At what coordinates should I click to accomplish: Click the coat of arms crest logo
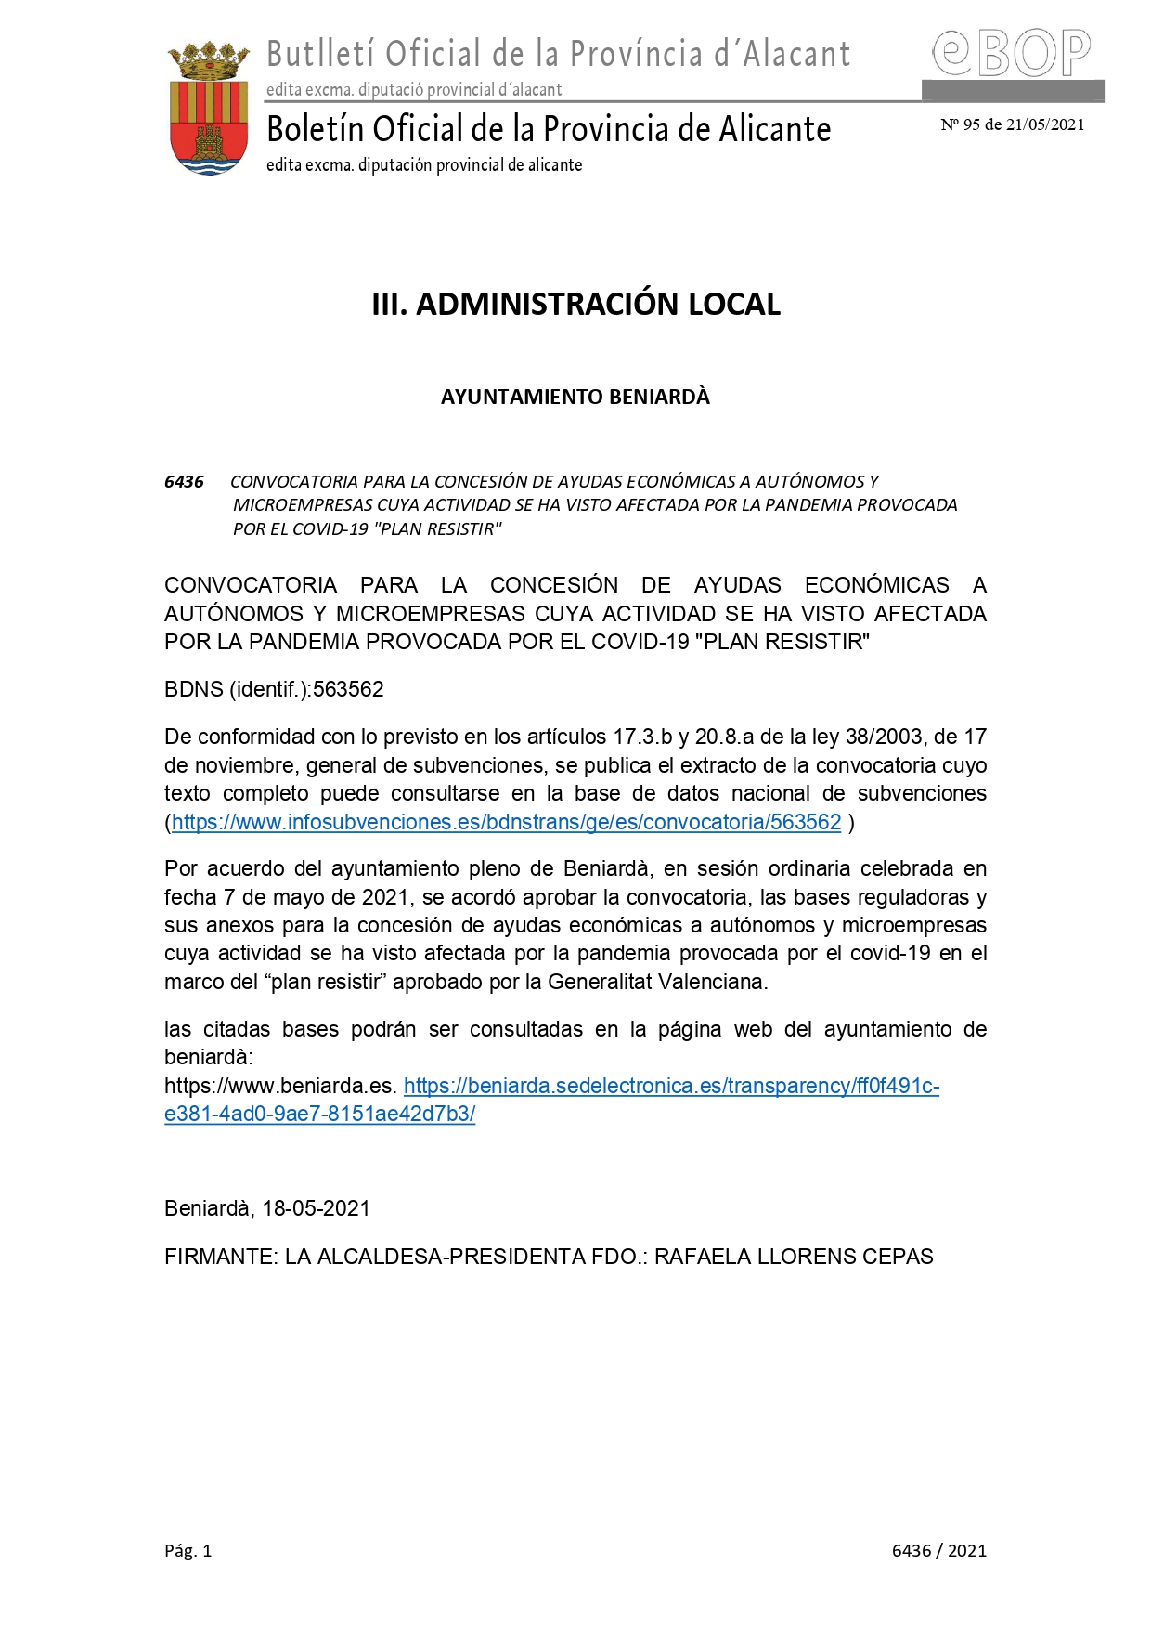[x=209, y=108]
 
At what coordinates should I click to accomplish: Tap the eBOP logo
[x=1011, y=53]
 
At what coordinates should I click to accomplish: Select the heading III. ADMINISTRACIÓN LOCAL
[x=575, y=304]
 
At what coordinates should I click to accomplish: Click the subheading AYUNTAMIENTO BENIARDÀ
[x=575, y=397]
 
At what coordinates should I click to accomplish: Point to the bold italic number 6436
[x=184, y=481]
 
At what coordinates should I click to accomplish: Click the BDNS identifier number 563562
[x=348, y=689]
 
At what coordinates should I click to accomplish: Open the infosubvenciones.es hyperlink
[x=506, y=822]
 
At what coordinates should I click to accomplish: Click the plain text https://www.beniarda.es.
[x=280, y=1086]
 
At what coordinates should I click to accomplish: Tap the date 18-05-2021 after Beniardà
[x=316, y=1208]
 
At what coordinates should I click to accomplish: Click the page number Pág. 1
[x=188, y=1550]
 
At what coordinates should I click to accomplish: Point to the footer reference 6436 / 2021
[x=938, y=1550]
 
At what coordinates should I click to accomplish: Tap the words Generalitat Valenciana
[x=657, y=982]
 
